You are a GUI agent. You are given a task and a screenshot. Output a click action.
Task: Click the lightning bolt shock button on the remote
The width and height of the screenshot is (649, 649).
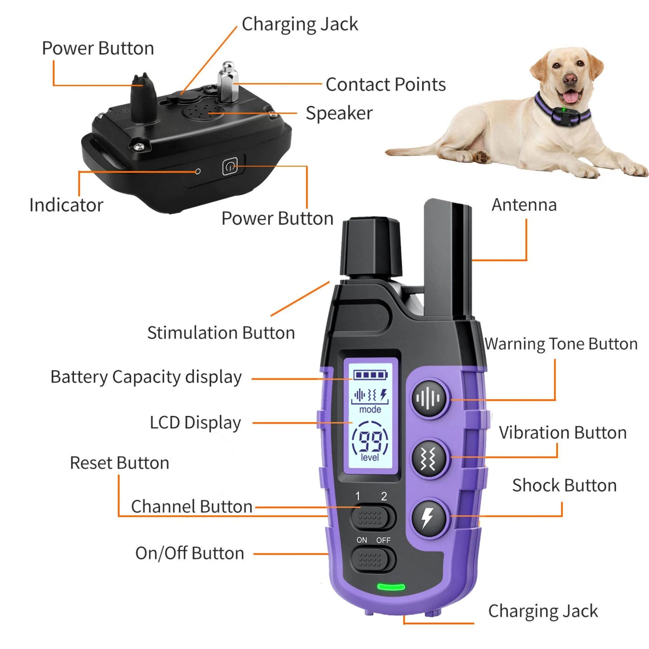429,517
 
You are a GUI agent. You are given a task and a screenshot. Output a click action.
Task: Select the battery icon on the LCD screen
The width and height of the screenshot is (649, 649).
370,375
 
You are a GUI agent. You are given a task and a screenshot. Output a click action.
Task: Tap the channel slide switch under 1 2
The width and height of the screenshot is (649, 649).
373,517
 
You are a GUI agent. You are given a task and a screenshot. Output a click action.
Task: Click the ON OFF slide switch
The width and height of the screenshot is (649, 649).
373,560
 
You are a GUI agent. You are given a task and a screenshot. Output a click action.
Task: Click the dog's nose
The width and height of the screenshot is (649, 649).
570,79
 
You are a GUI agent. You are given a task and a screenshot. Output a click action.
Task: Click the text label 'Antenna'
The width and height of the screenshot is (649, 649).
524,205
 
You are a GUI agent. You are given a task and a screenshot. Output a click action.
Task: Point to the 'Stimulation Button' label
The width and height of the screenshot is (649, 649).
221,333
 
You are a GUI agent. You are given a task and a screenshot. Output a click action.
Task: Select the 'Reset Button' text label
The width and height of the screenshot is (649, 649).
119,463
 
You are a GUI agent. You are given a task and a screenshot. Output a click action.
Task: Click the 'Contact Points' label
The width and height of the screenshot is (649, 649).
386,84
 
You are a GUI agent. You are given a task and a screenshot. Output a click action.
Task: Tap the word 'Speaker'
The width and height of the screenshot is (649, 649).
339,113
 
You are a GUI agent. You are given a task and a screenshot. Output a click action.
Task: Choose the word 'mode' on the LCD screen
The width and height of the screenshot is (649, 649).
370,410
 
